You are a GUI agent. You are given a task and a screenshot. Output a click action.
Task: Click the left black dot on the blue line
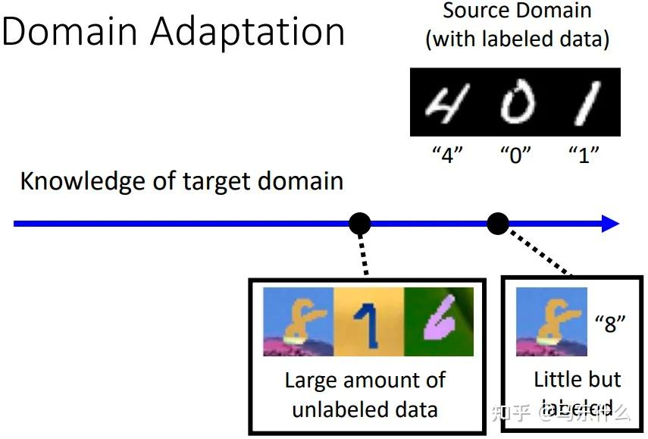(x=360, y=224)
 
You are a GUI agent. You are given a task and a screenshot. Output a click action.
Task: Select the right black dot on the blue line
(x=497, y=224)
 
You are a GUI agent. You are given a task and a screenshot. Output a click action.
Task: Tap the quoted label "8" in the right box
(x=610, y=324)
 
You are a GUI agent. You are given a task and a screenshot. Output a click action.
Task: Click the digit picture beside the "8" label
(x=551, y=322)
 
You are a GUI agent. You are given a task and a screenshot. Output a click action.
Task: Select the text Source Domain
(x=517, y=11)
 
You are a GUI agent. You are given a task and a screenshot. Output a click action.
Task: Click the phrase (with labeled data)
(x=517, y=38)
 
